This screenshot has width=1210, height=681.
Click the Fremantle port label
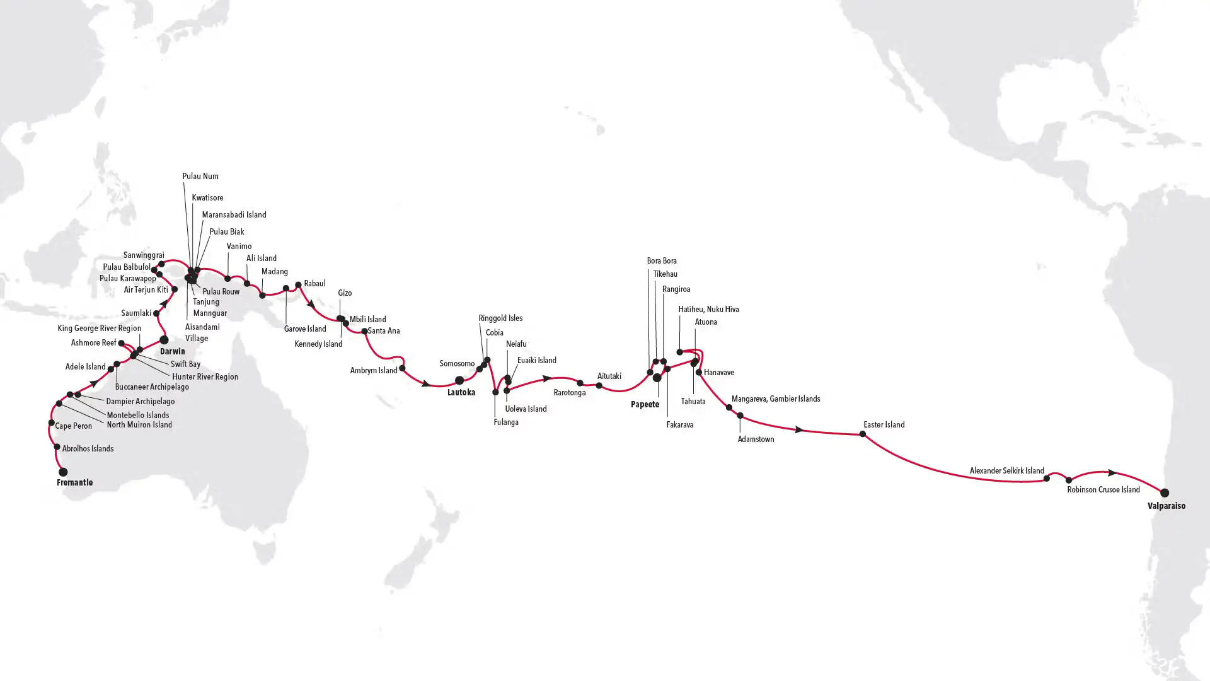74,482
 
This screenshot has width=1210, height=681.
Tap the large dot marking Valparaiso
1165,492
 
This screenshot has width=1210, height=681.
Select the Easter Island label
884,424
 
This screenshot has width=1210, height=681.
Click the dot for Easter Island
863,434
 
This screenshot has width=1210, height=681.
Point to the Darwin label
172,351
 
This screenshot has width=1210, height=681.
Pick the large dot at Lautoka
459,380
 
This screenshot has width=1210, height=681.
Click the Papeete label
645,404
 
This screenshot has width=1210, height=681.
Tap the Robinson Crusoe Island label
1103,489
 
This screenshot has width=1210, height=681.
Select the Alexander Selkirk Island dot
1047,479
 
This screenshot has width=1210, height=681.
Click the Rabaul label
314,283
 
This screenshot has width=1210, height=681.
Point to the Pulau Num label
200,176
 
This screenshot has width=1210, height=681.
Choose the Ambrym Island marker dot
402,368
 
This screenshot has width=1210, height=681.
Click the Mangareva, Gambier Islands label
775,399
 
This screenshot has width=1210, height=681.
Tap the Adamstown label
756,439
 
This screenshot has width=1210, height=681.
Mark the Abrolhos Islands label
88,448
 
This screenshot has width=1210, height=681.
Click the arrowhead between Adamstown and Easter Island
798,429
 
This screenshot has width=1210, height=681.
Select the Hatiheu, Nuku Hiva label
708,309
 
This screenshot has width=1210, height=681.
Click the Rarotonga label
569,392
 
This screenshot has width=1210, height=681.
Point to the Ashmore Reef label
93,342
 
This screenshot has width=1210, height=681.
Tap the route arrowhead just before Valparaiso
1112,472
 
